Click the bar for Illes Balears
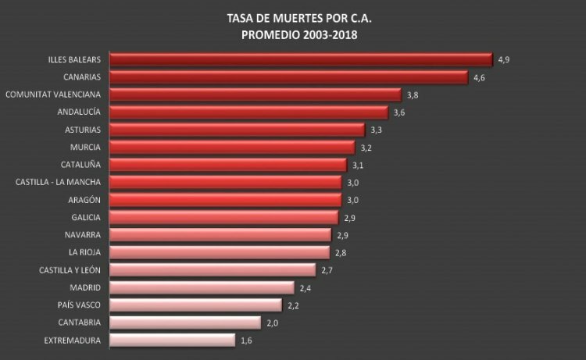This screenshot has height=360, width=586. pyautogui.click(x=302, y=60)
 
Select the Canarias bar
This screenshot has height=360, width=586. pyautogui.click(x=289, y=77)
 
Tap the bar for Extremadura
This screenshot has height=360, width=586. pyautogui.click(x=173, y=340)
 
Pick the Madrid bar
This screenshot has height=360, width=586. pyautogui.click(x=202, y=287)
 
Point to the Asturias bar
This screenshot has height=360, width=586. pyautogui.click(x=238, y=130)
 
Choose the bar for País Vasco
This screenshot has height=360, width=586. pyautogui.click(x=196, y=305)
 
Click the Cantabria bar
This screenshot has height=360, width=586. pyautogui.click(x=185, y=323)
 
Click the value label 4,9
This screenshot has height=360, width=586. pyautogui.click(x=504, y=60)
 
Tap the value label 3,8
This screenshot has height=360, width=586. pyautogui.click(x=413, y=95)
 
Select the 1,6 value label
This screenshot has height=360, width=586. pyautogui.click(x=246, y=340)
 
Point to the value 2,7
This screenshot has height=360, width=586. pyautogui.click(x=327, y=270)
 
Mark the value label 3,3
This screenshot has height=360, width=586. pyautogui.click(x=377, y=130)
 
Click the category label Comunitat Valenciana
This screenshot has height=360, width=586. pyautogui.click(x=53, y=94)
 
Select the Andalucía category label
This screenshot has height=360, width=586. pyautogui.click(x=79, y=112)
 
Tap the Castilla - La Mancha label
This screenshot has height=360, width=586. pyautogui.click(x=58, y=182)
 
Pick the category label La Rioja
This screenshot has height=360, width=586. pyautogui.click(x=84, y=252)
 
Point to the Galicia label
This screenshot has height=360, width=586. pyautogui.click(x=86, y=217)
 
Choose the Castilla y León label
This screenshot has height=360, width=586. pyautogui.click(x=70, y=270)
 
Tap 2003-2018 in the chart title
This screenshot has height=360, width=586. pyautogui.click(x=331, y=35)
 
